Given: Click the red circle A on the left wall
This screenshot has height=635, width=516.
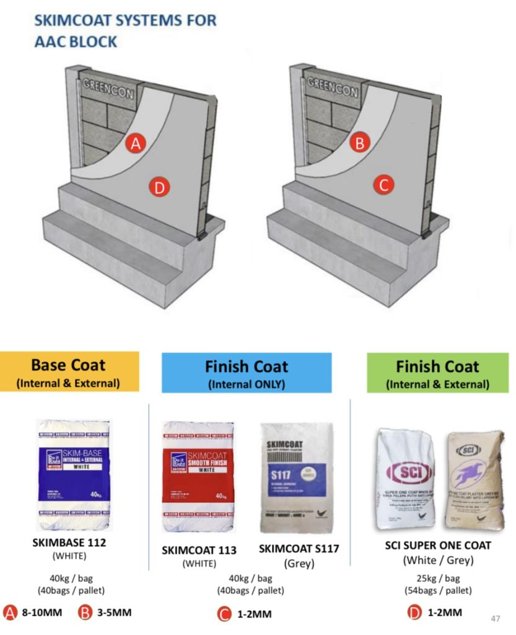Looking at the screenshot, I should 136,144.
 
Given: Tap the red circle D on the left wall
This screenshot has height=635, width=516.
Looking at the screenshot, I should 160,187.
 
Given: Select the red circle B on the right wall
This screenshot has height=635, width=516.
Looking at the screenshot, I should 359,144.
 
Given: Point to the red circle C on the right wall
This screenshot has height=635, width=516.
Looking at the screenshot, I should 383,184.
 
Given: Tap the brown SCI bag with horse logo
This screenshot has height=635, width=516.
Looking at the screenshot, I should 474,479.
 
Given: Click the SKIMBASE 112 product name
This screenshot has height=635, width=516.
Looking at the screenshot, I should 69,544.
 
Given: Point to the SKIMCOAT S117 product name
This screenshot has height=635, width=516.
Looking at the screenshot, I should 299,549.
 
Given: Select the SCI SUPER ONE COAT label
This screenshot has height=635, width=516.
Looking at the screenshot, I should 437,546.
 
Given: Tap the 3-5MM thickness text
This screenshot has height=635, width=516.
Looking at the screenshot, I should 115,613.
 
